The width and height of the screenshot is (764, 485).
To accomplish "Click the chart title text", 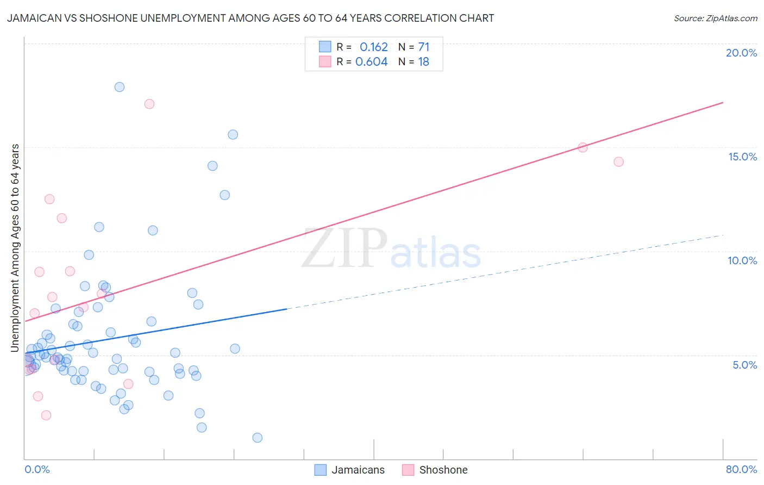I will coord(251,18).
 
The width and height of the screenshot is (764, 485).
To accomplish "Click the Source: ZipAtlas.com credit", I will coord(715,18).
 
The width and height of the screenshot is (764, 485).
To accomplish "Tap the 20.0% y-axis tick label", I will coord(741,53).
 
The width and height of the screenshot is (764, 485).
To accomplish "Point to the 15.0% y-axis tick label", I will coord(742,157).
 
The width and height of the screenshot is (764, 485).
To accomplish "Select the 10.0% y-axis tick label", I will coord(742,260).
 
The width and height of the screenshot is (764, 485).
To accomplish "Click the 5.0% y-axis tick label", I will coord(744,365).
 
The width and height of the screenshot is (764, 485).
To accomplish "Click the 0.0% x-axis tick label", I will coord(37,469).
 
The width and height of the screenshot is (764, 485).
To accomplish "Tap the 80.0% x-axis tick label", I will coord(741,469).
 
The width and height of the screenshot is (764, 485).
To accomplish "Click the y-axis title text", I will coord(15,248).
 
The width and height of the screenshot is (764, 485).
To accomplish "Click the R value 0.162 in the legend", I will coord(373,47).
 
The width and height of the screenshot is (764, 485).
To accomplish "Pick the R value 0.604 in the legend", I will coord(371,62).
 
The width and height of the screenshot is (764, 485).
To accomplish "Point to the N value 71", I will coord(423,47).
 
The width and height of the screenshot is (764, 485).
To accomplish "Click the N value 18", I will coord(423,62).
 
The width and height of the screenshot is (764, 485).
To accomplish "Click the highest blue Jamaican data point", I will coord(120,87).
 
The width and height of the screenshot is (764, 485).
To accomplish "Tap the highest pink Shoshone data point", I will coord(149,104).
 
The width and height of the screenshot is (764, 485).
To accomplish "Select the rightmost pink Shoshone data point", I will coord(618,161).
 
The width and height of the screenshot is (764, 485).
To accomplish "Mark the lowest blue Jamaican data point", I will coord(258,438).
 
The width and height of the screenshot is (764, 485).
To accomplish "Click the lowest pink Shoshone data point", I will coord(46,415).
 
